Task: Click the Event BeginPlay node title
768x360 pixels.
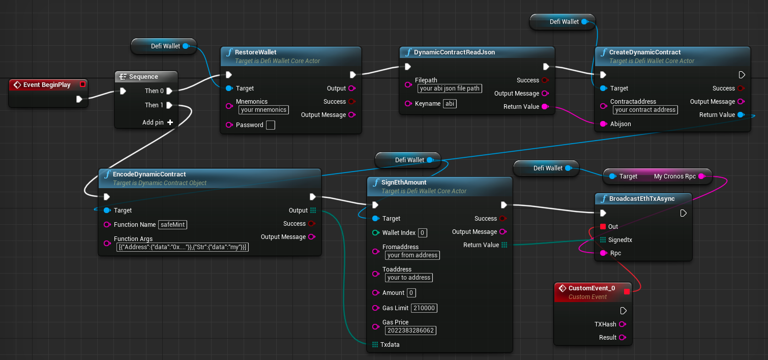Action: point(47,85)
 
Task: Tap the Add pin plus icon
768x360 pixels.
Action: point(170,123)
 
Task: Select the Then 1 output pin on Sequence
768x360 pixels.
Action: point(169,105)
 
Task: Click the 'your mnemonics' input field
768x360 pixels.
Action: point(263,110)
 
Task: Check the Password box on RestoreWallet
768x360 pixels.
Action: point(271,125)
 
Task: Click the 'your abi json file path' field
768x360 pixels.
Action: point(450,88)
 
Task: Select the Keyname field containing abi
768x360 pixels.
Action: point(450,104)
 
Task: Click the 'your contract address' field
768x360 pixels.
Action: point(645,110)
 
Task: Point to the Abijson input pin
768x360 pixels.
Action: point(603,124)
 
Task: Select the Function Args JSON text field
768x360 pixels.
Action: point(182,247)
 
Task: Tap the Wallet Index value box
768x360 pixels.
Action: point(422,233)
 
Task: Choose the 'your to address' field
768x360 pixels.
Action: point(409,278)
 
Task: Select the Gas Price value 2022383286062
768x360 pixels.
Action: point(410,331)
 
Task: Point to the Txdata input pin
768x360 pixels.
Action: point(375,345)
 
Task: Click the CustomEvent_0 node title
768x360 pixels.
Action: point(591,288)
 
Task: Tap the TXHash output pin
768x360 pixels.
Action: point(622,324)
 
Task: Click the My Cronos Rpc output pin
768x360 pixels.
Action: point(701,176)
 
